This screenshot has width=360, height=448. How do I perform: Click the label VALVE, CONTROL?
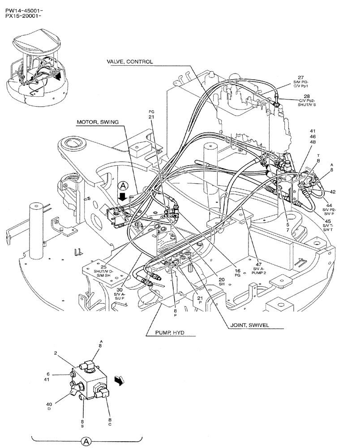tap(129, 61)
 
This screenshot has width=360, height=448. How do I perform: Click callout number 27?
tap(300, 77)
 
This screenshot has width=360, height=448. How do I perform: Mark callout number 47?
tap(258, 264)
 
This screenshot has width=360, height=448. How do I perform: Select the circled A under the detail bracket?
tap(88, 441)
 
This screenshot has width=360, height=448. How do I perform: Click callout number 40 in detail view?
tap(49, 404)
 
